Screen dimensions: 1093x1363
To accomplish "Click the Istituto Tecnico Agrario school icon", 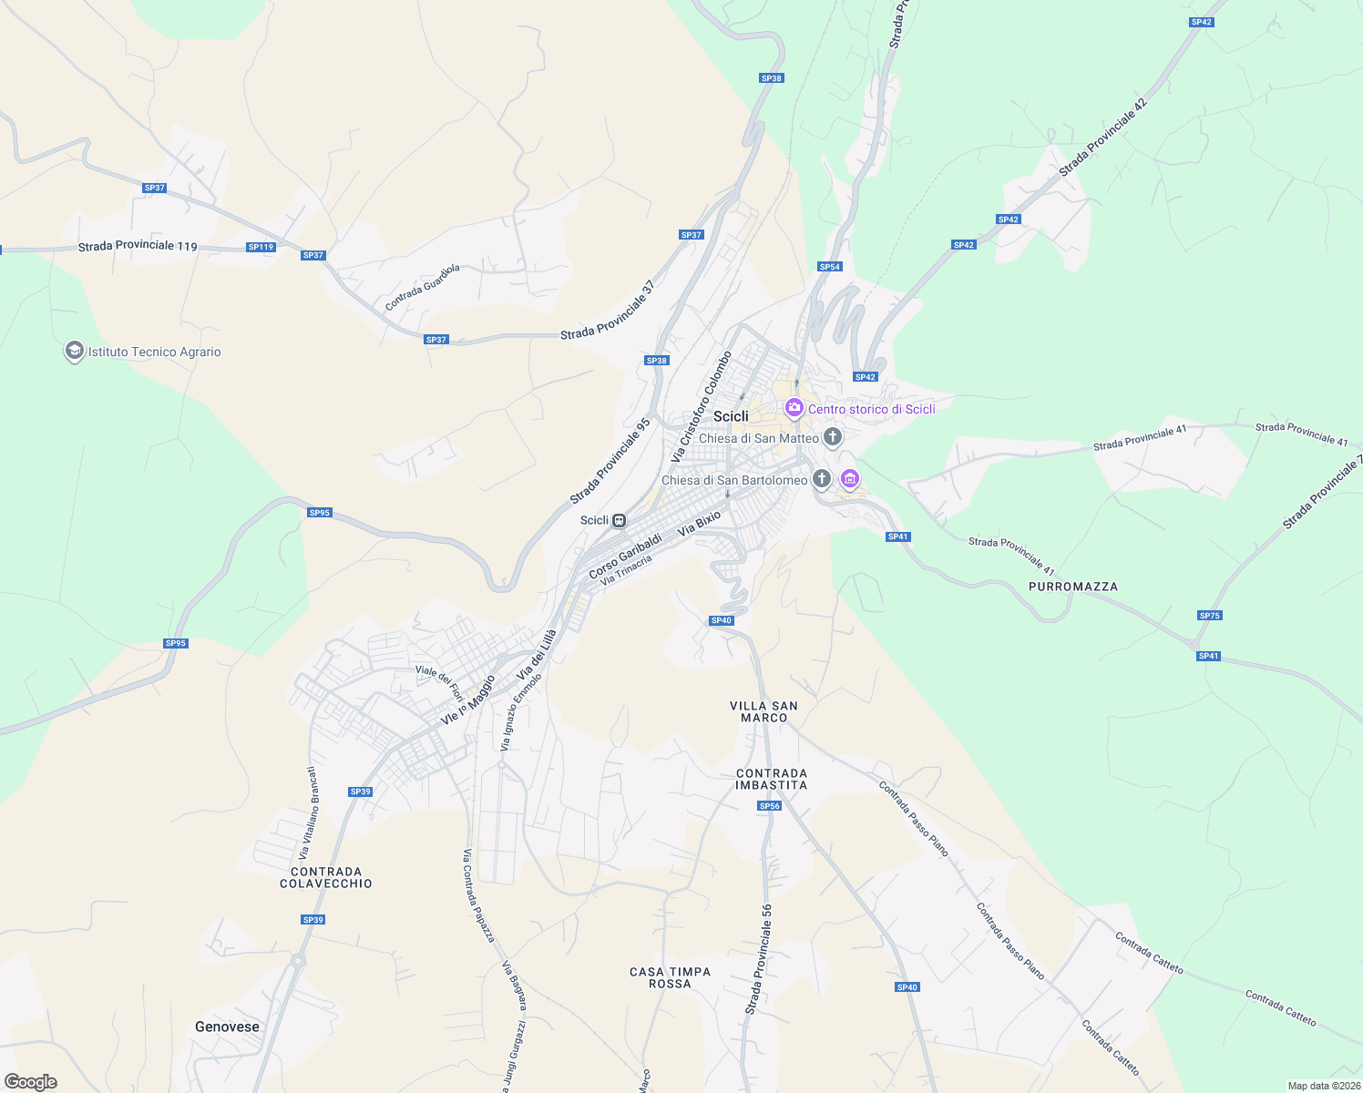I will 74,352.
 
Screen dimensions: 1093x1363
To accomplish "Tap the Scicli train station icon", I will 619,520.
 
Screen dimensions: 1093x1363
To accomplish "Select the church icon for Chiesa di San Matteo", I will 832,438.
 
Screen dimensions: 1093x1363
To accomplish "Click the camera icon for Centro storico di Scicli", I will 794,408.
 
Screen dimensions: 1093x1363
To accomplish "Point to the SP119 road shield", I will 261,247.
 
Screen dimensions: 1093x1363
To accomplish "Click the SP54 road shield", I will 829,267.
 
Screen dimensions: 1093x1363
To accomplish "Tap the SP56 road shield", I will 770,806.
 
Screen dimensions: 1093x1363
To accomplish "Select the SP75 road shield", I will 1209,616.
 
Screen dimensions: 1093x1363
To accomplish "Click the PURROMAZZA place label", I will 1072,587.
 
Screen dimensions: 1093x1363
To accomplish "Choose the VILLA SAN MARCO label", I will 763,711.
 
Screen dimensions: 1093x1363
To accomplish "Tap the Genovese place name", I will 227,1027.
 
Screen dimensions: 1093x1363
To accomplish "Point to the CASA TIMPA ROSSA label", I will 670,977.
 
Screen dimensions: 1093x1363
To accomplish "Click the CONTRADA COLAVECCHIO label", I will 326,877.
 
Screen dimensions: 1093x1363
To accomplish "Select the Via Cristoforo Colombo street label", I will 702,405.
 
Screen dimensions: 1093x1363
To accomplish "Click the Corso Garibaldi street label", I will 625,557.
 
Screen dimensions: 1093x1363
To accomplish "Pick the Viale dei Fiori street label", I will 440,683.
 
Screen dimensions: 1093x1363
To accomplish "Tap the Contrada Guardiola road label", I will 423,287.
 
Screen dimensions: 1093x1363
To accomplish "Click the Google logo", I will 31,1082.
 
